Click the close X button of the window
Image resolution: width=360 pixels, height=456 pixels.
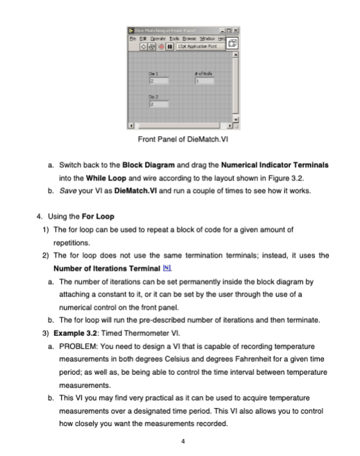(234, 28)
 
